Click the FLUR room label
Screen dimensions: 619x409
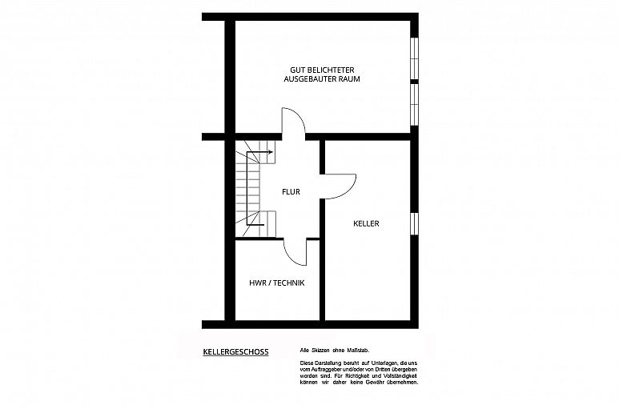291,192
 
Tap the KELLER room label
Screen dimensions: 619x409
366,223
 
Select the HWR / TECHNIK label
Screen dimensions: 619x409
277,283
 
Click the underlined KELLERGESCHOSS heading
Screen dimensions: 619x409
235,352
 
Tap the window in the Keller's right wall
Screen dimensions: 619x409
414,223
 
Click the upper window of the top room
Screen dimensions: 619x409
414,58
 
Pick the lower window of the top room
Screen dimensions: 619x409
414,105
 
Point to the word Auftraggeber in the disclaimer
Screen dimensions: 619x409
323,369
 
